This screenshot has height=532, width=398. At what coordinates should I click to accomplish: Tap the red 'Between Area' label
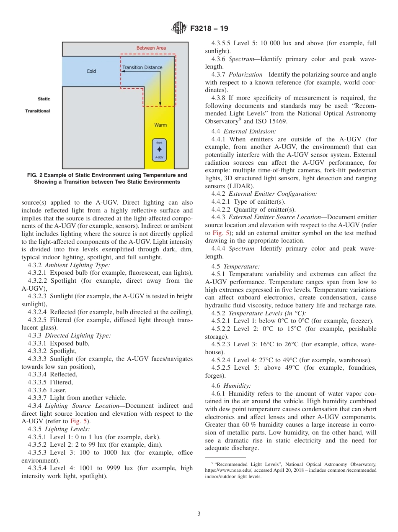151,48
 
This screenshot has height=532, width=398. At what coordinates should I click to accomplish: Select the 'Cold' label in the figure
91,71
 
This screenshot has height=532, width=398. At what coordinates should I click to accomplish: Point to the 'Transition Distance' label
142,67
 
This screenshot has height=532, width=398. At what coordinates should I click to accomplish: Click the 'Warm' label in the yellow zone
160,125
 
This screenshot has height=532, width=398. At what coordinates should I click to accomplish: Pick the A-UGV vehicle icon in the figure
159,150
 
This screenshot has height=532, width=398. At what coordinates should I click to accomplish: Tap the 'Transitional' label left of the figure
37,111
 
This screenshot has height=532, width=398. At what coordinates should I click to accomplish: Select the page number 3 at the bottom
199,514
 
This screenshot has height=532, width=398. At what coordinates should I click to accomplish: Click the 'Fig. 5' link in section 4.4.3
220,233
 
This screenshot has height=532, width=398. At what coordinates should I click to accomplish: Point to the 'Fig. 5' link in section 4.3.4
79,421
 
